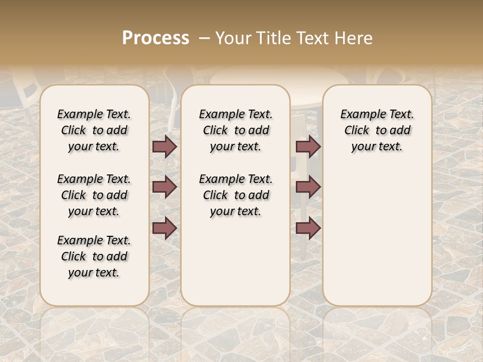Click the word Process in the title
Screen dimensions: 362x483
click(x=155, y=38)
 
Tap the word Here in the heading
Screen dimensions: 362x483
click(x=354, y=38)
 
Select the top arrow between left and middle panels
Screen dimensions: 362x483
click(x=165, y=147)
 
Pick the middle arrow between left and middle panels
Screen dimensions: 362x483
click(x=165, y=187)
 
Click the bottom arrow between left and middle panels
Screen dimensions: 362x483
click(x=165, y=228)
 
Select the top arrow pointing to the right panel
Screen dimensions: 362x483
click(x=308, y=147)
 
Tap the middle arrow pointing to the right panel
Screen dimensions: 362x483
click(x=308, y=187)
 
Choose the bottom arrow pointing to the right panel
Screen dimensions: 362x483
click(x=308, y=228)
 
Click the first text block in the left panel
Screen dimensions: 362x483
click(x=94, y=130)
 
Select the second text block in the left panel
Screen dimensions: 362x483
click(x=94, y=195)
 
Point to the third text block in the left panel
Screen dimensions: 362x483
click(x=94, y=256)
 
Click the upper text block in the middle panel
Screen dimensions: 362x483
click(x=235, y=130)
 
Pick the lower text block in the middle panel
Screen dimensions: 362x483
click(x=235, y=195)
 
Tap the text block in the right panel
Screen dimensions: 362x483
click(x=377, y=130)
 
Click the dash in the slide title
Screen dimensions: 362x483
click(x=204, y=38)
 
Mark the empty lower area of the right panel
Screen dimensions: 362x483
click(x=377, y=231)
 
